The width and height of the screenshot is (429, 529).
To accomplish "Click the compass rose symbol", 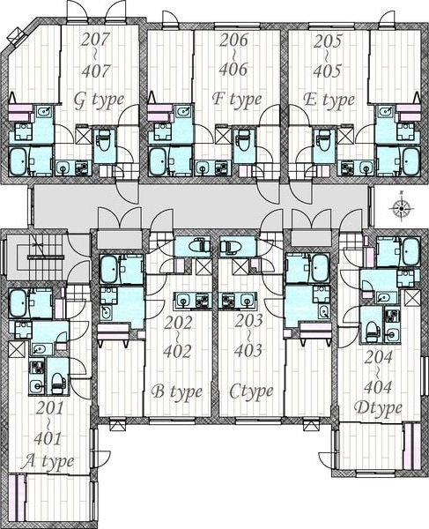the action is pyautogui.click(x=402, y=207).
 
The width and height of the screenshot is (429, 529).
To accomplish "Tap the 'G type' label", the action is pyautogui.click(x=99, y=101).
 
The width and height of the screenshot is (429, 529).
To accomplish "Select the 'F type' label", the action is pyautogui.click(x=237, y=99).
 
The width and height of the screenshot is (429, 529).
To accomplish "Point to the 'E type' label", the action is pyautogui.click(x=329, y=100).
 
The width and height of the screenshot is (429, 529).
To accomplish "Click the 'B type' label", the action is pyautogui.click(x=177, y=391).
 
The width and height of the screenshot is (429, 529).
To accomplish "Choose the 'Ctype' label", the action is pyautogui.click(x=251, y=391).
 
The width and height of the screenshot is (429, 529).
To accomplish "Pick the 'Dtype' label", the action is pyautogui.click(x=378, y=408).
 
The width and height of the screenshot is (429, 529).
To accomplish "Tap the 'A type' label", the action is pyautogui.click(x=48, y=461).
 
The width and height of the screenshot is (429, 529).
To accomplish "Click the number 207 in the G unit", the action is pyautogui.click(x=96, y=39).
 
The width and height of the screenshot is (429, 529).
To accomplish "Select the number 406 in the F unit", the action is pyautogui.click(x=233, y=69).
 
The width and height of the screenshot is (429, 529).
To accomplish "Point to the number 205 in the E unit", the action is pyautogui.click(x=328, y=41).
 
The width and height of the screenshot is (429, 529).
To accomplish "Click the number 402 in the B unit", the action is pyautogui.click(x=177, y=351).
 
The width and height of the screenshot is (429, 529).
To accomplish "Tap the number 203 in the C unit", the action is pyautogui.click(x=248, y=321).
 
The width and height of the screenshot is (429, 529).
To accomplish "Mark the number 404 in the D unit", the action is pyautogui.click(x=378, y=387).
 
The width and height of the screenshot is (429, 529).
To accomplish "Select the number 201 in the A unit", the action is pyautogui.click(x=49, y=409).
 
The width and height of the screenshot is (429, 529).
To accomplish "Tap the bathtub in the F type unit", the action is pyautogui.click(x=158, y=162).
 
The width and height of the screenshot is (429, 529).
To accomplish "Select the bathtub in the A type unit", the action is pyautogui.click(x=18, y=303).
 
